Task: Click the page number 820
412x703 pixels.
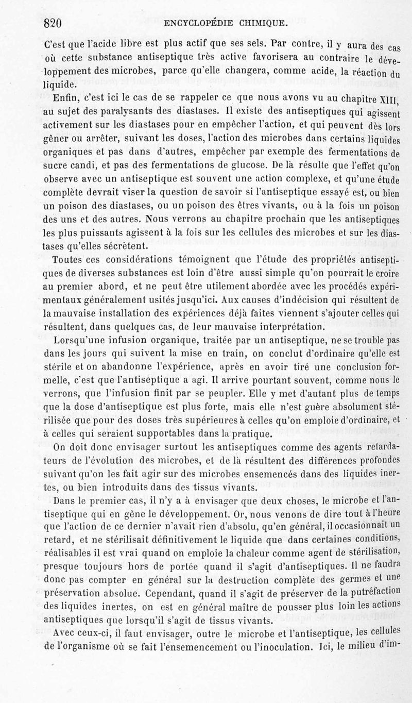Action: [53, 23]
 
